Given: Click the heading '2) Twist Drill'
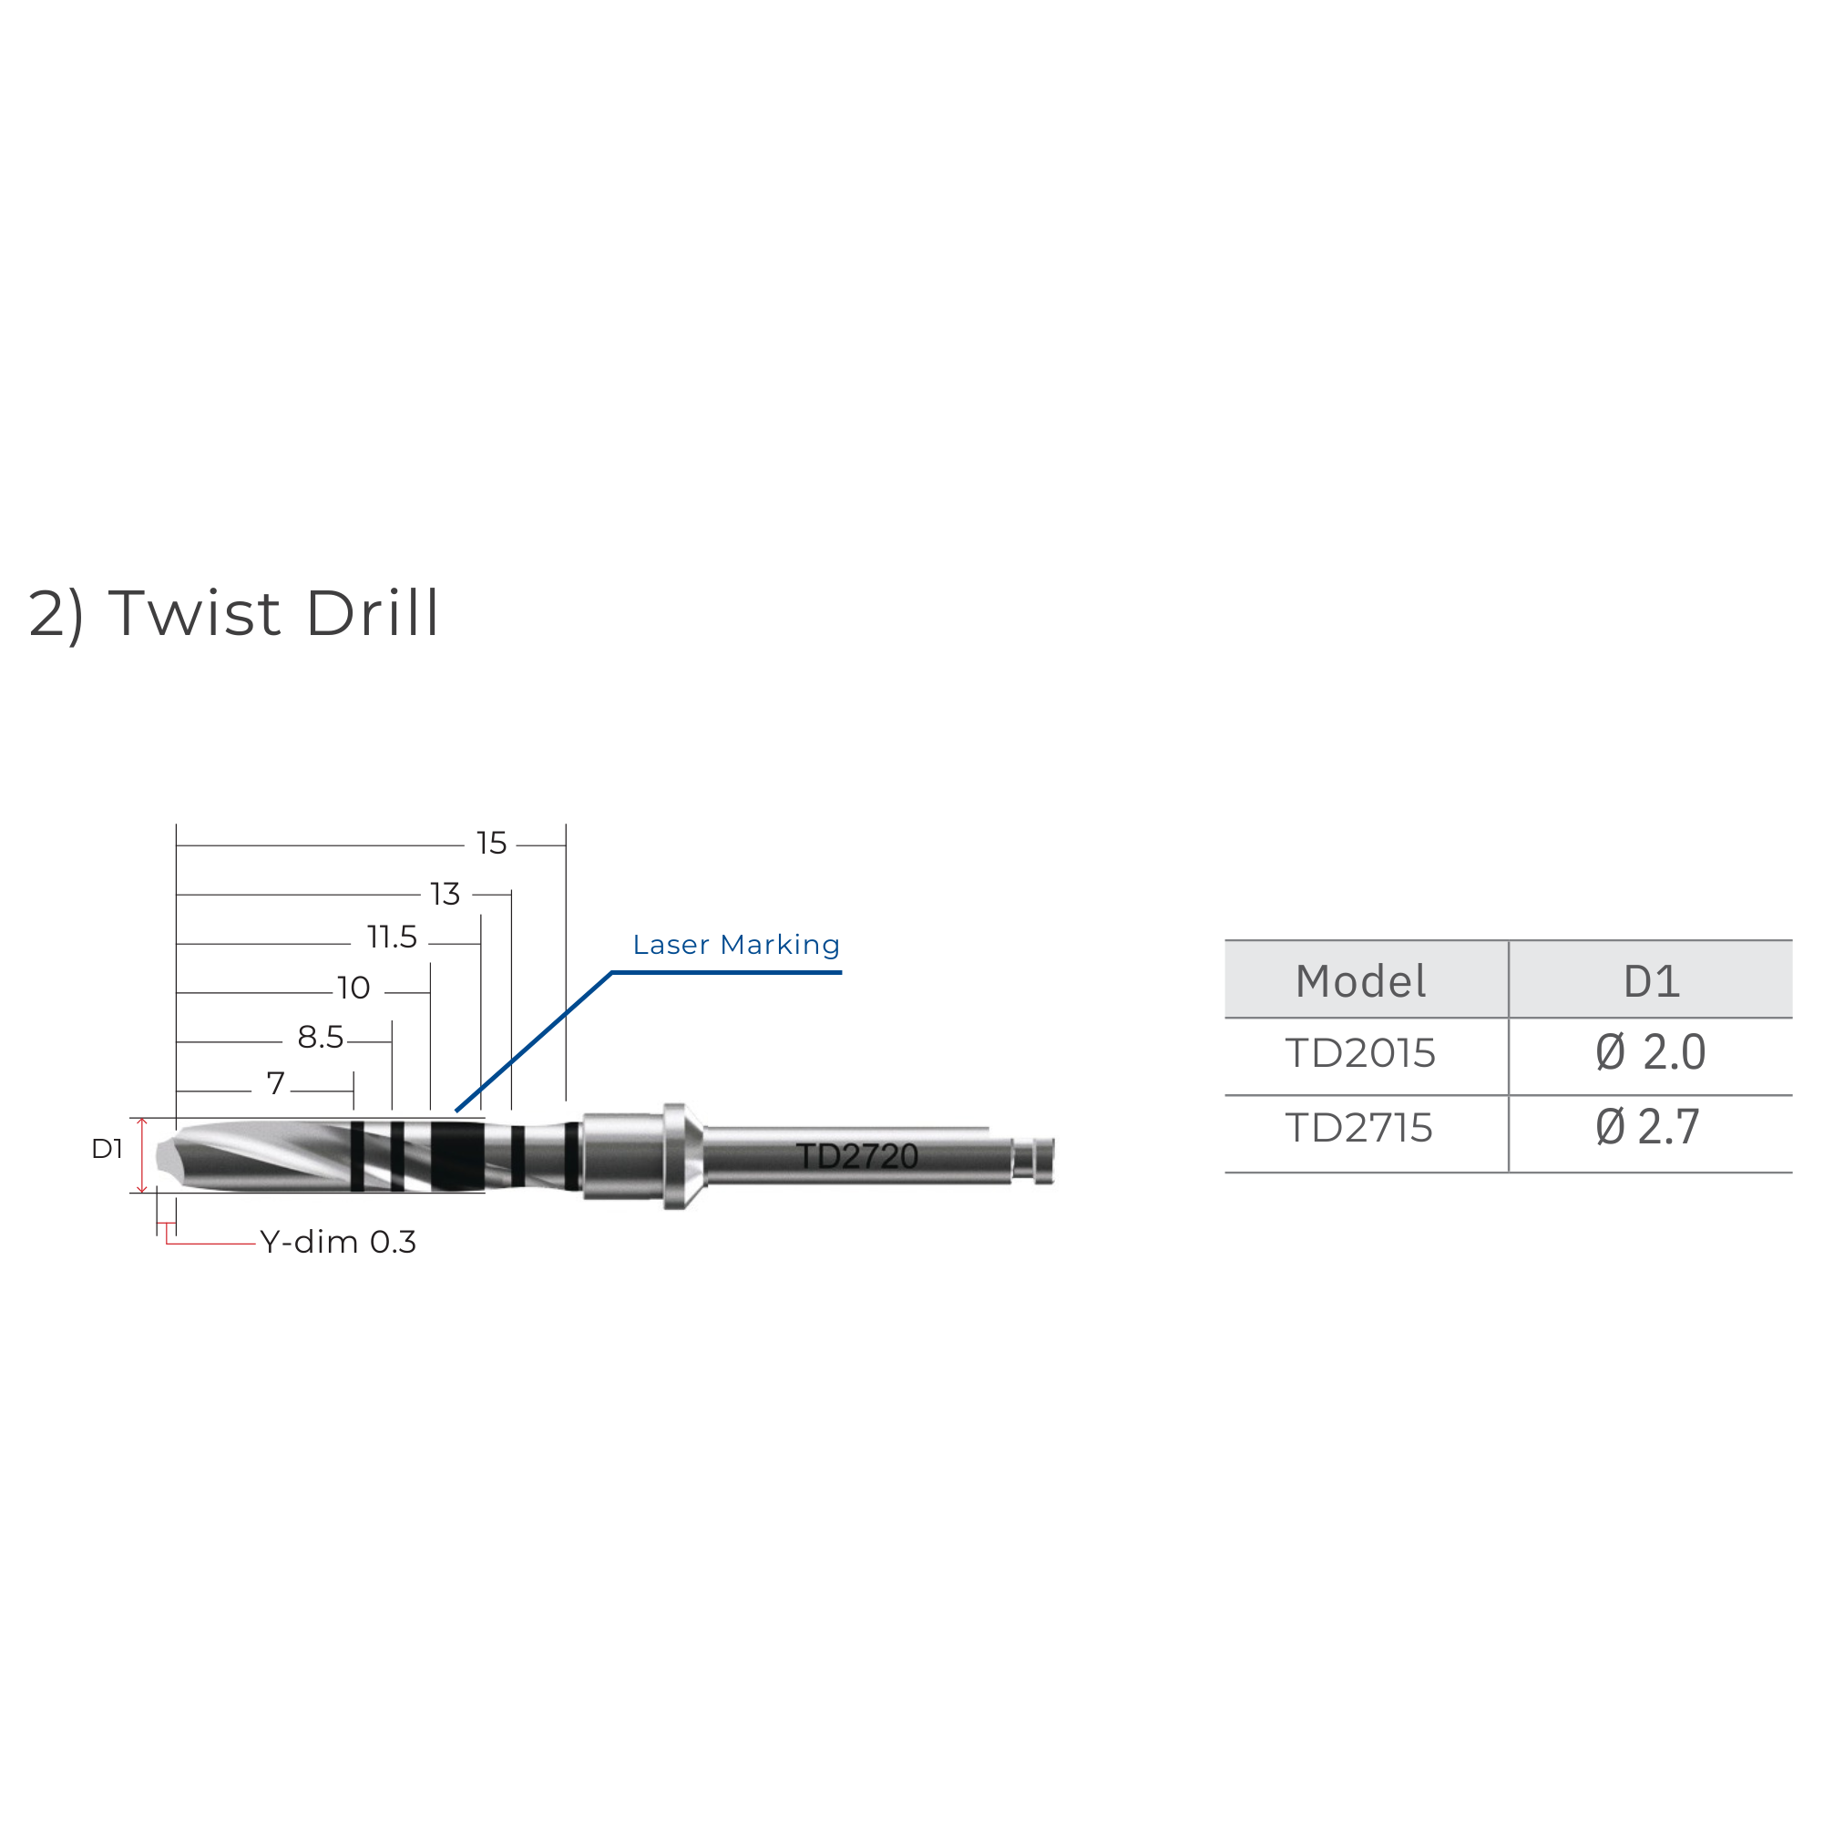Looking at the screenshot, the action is pos(234,614).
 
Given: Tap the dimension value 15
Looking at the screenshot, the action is pos(492,844).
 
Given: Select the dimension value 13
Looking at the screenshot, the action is pos(446,895).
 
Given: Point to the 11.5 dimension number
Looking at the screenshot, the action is pos(393,937).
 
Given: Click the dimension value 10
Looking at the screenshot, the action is pos(354,988).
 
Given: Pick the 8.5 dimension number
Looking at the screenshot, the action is pos(321,1038).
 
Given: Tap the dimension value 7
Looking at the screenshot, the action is pos(276,1083).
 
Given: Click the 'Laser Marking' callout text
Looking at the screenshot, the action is pos(736,945).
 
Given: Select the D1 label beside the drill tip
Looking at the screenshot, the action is pos(107,1149).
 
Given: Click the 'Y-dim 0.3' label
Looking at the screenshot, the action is pos(338,1242).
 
